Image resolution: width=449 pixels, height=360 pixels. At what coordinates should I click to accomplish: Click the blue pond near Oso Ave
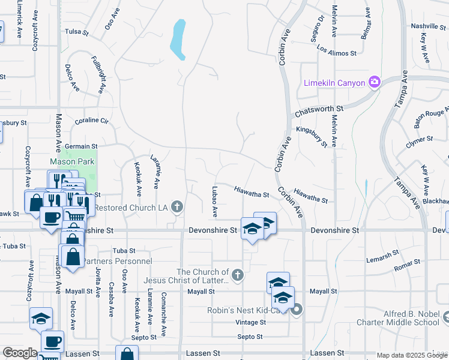178,39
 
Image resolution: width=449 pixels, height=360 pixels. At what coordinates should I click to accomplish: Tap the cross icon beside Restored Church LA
176,208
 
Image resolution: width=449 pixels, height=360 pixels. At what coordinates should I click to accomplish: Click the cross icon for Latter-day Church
238,275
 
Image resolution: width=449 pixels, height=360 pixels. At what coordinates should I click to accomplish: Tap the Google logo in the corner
20,353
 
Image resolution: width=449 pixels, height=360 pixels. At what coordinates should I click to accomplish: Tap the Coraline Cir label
91,121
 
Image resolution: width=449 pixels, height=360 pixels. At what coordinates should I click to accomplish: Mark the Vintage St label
251,322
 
